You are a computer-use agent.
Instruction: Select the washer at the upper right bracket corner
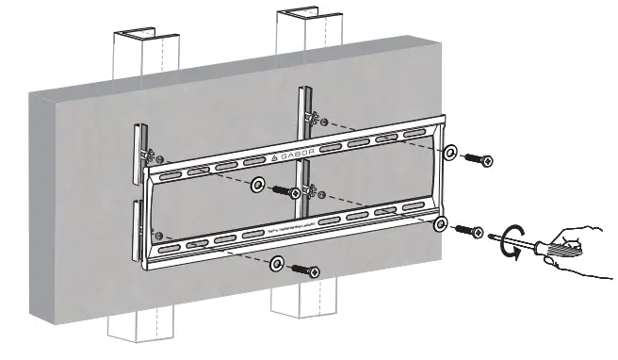452,152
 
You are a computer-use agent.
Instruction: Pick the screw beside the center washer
285,191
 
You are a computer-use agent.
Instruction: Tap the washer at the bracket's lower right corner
440,223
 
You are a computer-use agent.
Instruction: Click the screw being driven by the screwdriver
467,230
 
